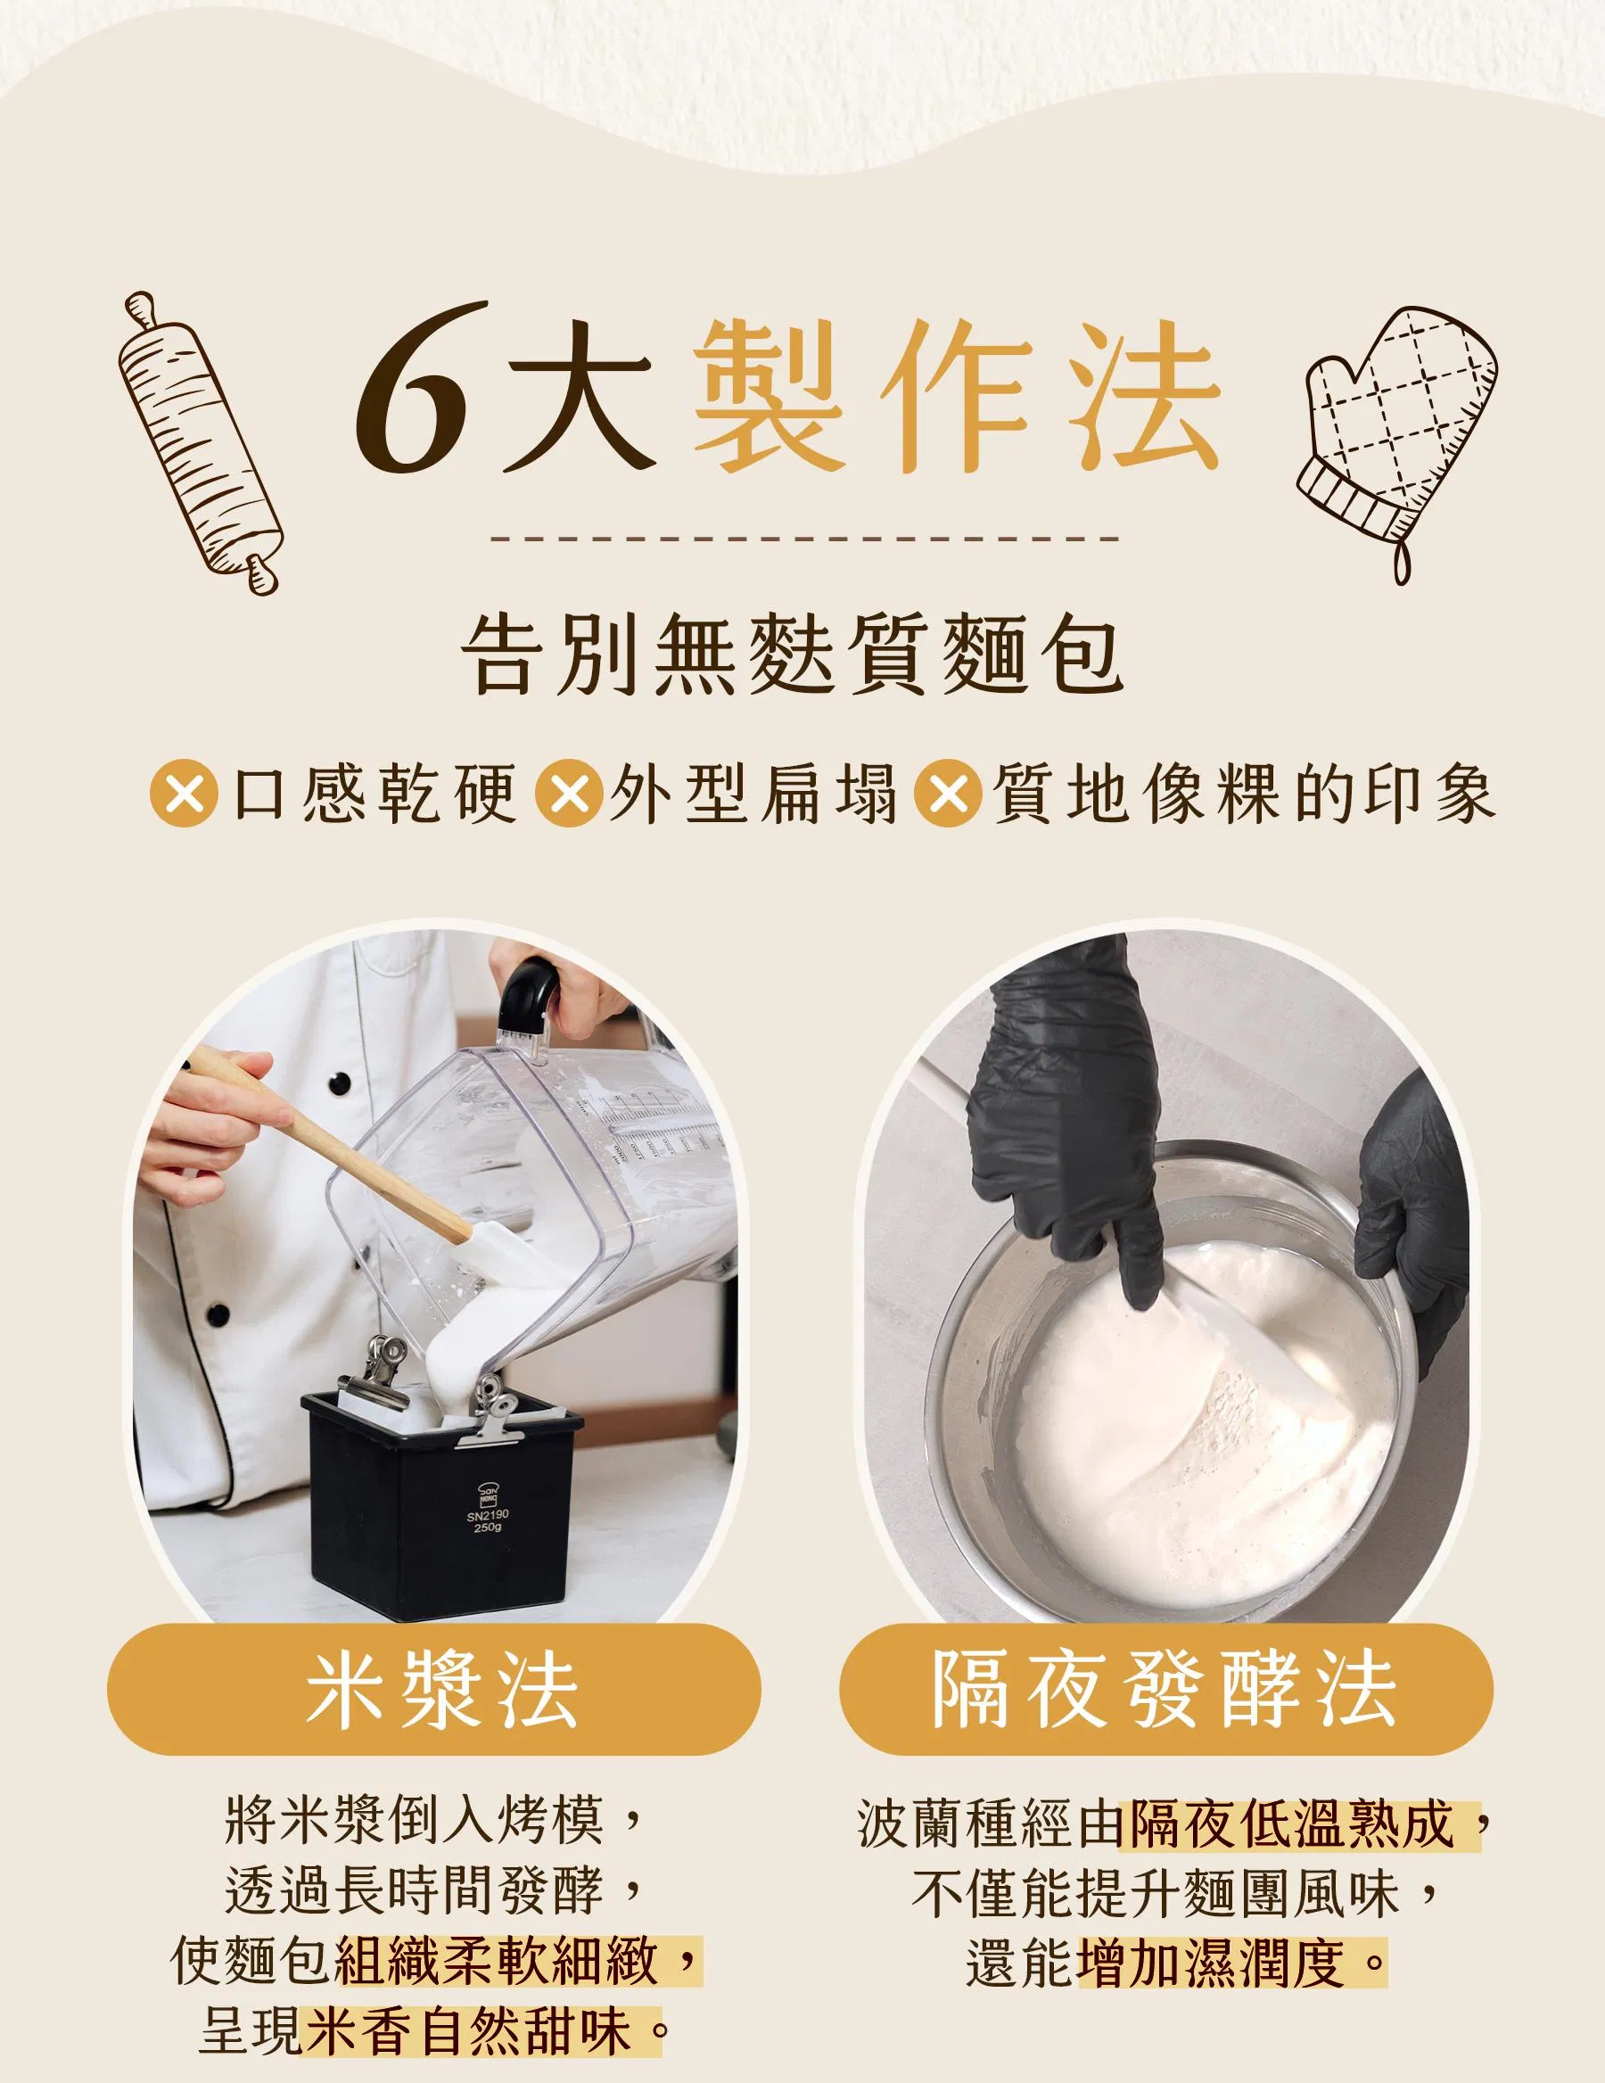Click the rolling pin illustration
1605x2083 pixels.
(202, 441)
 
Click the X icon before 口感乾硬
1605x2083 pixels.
(184, 793)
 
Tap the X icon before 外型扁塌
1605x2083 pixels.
(571, 793)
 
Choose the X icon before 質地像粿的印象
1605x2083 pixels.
(948, 793)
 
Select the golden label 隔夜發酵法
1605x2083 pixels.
(1165, 1690)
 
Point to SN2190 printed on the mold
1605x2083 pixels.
(489, 1513)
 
